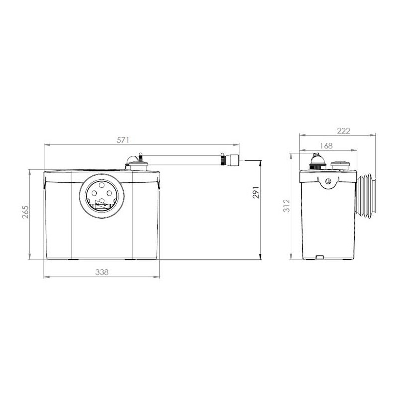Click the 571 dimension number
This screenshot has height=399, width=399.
[x=123, y=140]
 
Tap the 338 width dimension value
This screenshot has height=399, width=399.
[x=102, y=272]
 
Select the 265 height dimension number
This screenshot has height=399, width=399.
[x=26, y=212]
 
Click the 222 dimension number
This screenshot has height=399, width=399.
[x=343, y=131]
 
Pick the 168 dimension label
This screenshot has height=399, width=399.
[x=326, y=146]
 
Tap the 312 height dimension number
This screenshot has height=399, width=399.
[x=286, y=205]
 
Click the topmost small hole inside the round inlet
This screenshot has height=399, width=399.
[x=102, y=185]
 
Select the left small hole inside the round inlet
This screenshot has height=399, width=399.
[x=94, y=193]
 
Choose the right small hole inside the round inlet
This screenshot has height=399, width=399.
[x=109, y=193]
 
